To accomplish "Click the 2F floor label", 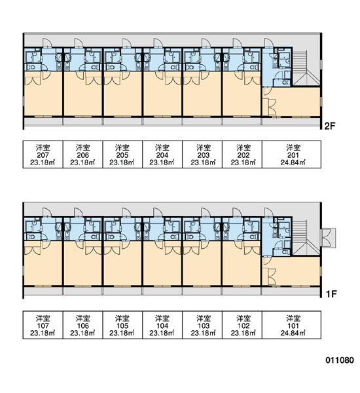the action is (x=330, y=126).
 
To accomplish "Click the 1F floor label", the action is (x=331, y=294).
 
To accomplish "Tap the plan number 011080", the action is (x=340, y=360).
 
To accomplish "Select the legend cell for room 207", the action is (x=43, y=155).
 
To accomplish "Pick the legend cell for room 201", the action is (x=292, y=155).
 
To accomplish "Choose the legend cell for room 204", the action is (x=162, y=155).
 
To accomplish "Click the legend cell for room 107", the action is (x=43, y=325).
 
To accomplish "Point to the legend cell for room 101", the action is (x=292, y=325).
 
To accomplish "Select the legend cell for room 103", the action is (x=202, y=325).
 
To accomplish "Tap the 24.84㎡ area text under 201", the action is (x=293, y=162).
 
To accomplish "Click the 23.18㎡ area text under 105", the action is (x=122, y=333).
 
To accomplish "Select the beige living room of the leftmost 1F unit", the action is (x=43, y=263).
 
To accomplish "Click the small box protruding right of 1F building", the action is (x=328, y=238).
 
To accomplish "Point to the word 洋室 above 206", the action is (x=82, y=147).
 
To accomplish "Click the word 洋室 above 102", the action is (x=243, y=318).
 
